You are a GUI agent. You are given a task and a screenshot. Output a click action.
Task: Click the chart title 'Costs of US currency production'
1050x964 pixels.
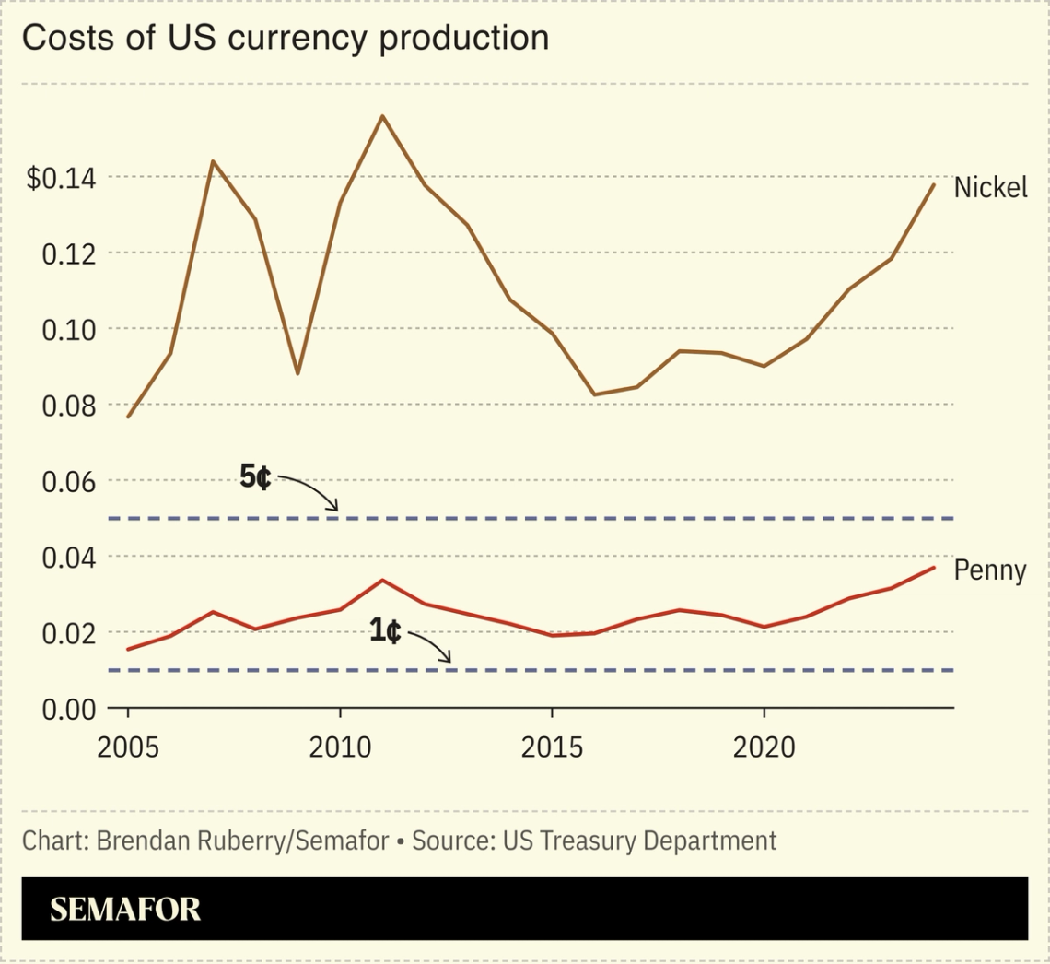286,39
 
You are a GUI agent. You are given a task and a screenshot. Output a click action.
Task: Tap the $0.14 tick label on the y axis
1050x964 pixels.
61,178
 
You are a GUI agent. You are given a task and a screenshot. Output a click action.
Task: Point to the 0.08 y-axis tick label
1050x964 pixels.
68,406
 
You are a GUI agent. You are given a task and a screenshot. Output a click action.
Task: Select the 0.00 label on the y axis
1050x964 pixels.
68,710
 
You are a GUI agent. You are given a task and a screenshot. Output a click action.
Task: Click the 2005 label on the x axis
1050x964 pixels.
129,747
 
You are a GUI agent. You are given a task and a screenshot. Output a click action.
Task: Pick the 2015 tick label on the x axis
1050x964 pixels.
552,747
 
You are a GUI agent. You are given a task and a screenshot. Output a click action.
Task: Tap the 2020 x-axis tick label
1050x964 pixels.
764,747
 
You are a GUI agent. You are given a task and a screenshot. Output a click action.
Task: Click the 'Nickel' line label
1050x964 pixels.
990,188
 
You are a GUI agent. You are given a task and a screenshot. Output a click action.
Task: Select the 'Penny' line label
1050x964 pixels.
989,570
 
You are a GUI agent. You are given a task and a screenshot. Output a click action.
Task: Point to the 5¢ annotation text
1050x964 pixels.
255,477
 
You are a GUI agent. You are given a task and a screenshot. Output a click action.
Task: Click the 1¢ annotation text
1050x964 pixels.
385,632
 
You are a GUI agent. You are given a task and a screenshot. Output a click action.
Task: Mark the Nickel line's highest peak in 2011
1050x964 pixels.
382,116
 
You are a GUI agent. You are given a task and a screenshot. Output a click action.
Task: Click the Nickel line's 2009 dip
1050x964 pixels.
297,373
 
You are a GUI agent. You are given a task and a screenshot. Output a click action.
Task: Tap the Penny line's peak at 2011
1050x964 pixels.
382,580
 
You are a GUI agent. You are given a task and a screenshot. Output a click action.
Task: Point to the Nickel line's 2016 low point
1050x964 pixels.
594,394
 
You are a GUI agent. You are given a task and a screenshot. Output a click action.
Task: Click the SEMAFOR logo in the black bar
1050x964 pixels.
125,910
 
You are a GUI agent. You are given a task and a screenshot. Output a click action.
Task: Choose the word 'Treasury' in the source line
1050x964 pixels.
577,841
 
